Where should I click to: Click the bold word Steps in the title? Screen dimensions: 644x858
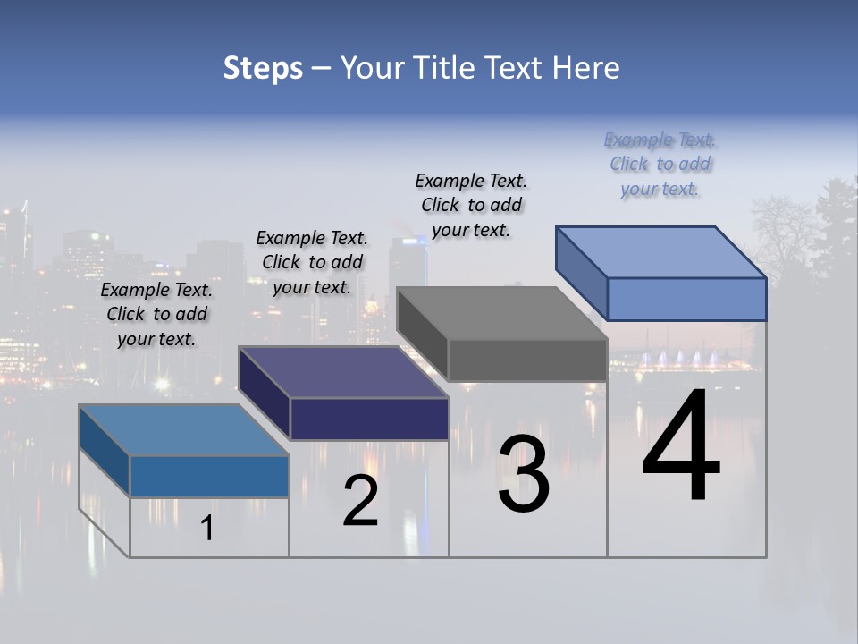[263, 68]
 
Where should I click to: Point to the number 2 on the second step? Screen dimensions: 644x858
[360, 502]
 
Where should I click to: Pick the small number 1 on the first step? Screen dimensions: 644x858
[207, 529]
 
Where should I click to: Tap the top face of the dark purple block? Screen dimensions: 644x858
[343, 372]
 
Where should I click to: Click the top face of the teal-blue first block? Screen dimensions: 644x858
[184, 430]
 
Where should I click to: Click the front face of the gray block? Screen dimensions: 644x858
[527, 360]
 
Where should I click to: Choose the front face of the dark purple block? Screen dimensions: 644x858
[369, 419]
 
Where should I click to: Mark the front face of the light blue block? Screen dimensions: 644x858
[686, 299]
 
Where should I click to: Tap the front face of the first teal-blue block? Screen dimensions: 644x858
[209, 476]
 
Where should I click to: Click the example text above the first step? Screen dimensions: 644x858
[156, 314]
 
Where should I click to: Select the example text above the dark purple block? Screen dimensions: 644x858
[312, 262]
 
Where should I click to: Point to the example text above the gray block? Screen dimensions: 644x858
[471, 205]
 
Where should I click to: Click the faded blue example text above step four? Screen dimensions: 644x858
[660, 164]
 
